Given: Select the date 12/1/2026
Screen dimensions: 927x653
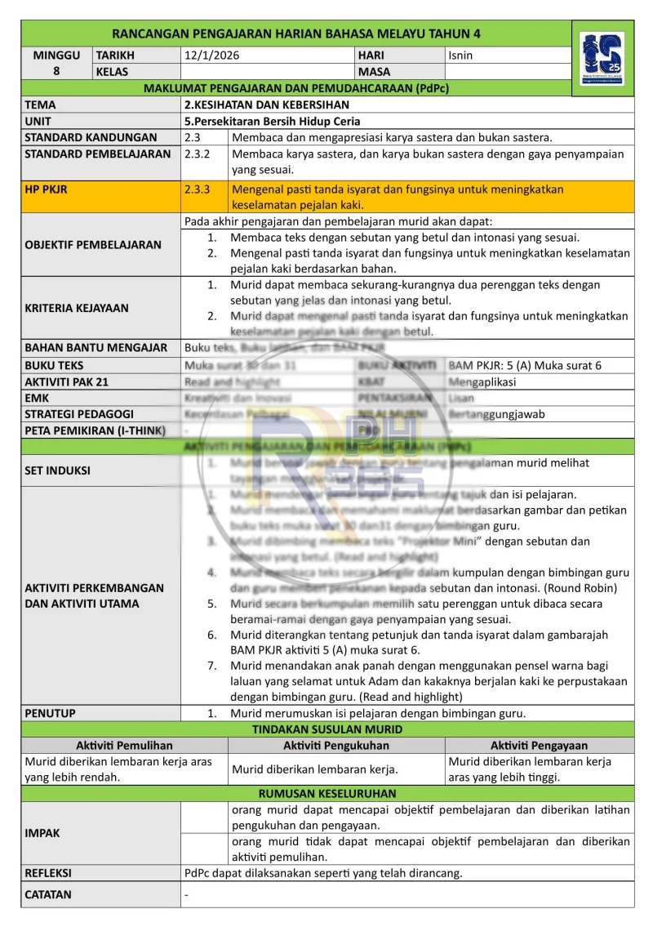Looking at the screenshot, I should click(212, 56).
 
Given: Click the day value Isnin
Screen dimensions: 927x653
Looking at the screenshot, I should click(460, 56).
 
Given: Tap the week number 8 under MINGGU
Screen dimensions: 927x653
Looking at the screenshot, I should click(56, 72).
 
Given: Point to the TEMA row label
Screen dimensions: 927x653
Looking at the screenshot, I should click(41, 105).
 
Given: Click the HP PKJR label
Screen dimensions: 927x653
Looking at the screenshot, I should click(47, 189).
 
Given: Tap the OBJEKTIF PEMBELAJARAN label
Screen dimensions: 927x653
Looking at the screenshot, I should click(93, 244).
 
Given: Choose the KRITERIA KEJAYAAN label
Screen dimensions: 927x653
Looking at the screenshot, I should click(77, 308).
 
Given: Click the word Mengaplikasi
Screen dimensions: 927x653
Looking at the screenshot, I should click(482, 381).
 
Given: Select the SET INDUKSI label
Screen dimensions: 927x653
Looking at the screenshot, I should click(58, 470).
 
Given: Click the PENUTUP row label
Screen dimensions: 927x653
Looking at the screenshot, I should click(51, 713).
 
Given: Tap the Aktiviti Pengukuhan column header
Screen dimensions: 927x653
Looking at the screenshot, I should click(336, 746).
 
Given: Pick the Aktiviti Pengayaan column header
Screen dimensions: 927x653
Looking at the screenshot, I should click(539, 746).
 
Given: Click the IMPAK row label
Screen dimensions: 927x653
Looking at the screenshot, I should click(42, 833).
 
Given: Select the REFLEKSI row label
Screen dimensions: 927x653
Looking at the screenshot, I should click(48, 873).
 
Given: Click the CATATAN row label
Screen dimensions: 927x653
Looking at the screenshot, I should click(48, 894).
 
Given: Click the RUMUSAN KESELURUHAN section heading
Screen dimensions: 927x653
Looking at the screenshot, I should click(327, 794).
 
